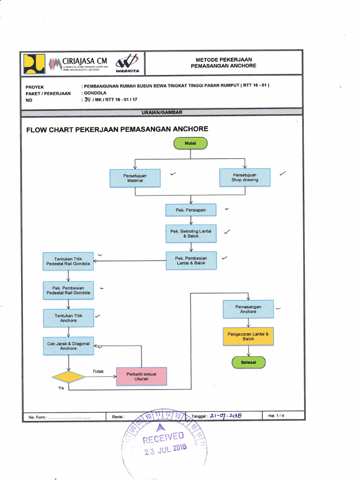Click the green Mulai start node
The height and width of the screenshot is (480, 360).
click(x=190, y=143)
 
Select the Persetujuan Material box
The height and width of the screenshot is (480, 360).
click(x=135, y=178)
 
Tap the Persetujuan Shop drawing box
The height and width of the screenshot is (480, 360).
click(x=245, y=177)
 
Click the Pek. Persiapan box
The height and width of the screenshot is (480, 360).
click(x=191, y=210)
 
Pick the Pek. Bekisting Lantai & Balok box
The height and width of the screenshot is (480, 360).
click(x=191, y=233)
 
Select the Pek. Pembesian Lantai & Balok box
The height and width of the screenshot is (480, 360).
click(x=191, y=261)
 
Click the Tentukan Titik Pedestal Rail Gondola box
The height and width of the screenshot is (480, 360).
click(x=68, y=261)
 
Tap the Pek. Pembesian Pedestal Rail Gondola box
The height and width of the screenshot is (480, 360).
click(x=68, y=290)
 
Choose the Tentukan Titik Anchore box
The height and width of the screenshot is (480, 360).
click(x=68, y=318)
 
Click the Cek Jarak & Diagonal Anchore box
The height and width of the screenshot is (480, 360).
click(x=68, y=346)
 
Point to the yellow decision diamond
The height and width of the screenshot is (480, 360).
click(x=68, y=377)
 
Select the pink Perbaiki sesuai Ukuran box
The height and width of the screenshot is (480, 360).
click(x=141, y=376)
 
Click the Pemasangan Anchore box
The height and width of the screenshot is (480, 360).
click(x=248, y=309)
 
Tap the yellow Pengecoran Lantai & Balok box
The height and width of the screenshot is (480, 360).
click(x=248, y=336)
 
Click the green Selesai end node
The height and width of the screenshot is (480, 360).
click(x=248, y=362)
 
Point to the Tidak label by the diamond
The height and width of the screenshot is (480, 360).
click(x=98, y=371)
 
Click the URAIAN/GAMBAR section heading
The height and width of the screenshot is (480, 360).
click(x=162, y=112)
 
